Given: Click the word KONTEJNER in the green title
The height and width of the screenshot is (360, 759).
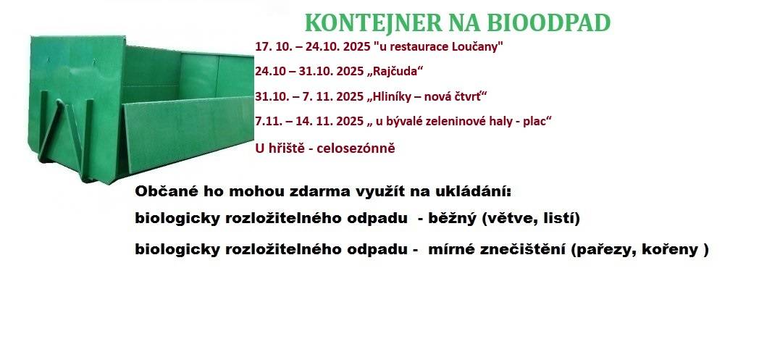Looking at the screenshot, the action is [x=373, y=22].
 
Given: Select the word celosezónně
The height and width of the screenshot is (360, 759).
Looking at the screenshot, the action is [x=356, y=148].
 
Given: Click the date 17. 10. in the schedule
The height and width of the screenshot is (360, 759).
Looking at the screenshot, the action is [x=270, y=47].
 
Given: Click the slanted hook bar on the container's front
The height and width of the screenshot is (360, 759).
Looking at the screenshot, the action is [x=51, y=130].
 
